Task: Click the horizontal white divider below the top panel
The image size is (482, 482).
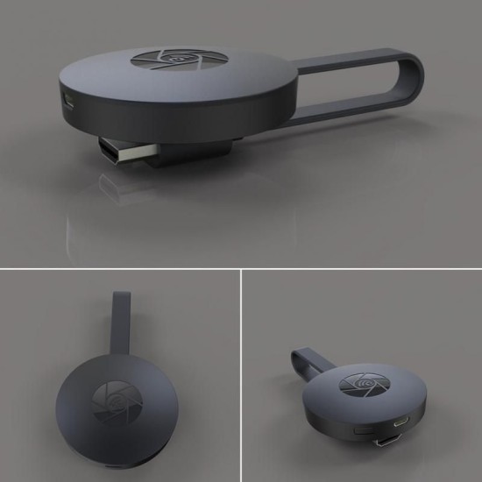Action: click(241, 267)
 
